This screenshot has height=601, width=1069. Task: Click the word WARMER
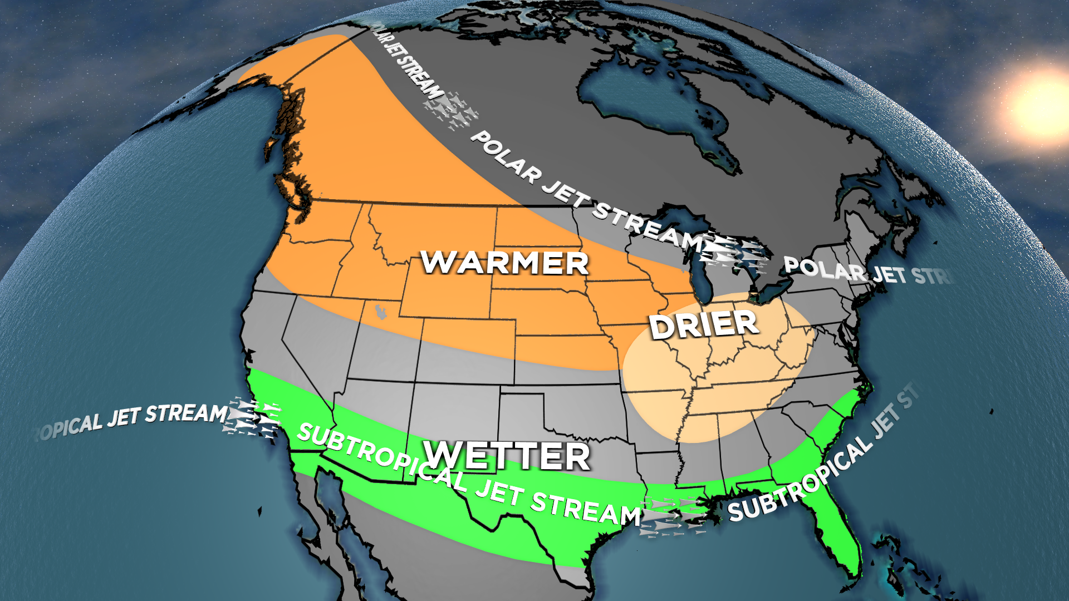(504, 263)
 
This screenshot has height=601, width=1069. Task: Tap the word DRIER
(704, 325)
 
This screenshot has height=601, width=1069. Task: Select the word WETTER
(507, 456)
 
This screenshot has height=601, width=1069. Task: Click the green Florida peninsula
(835, 534)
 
